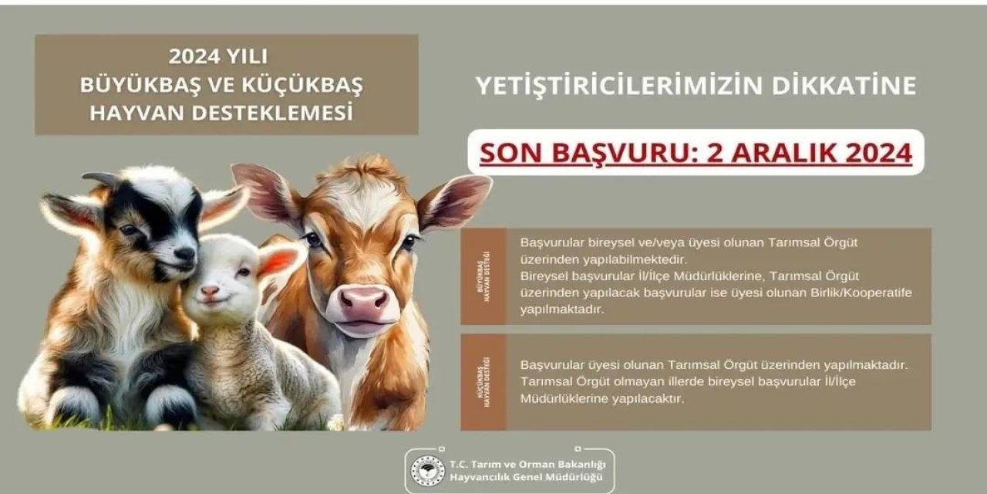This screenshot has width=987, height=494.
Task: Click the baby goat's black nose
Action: [185, 253]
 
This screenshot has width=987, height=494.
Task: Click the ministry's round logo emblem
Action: [427, 471]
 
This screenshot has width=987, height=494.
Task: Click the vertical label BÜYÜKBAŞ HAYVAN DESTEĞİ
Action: [483, 276]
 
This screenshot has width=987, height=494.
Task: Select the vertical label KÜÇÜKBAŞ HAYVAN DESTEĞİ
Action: [483, 382]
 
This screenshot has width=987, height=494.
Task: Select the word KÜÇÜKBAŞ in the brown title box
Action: [302, 84]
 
